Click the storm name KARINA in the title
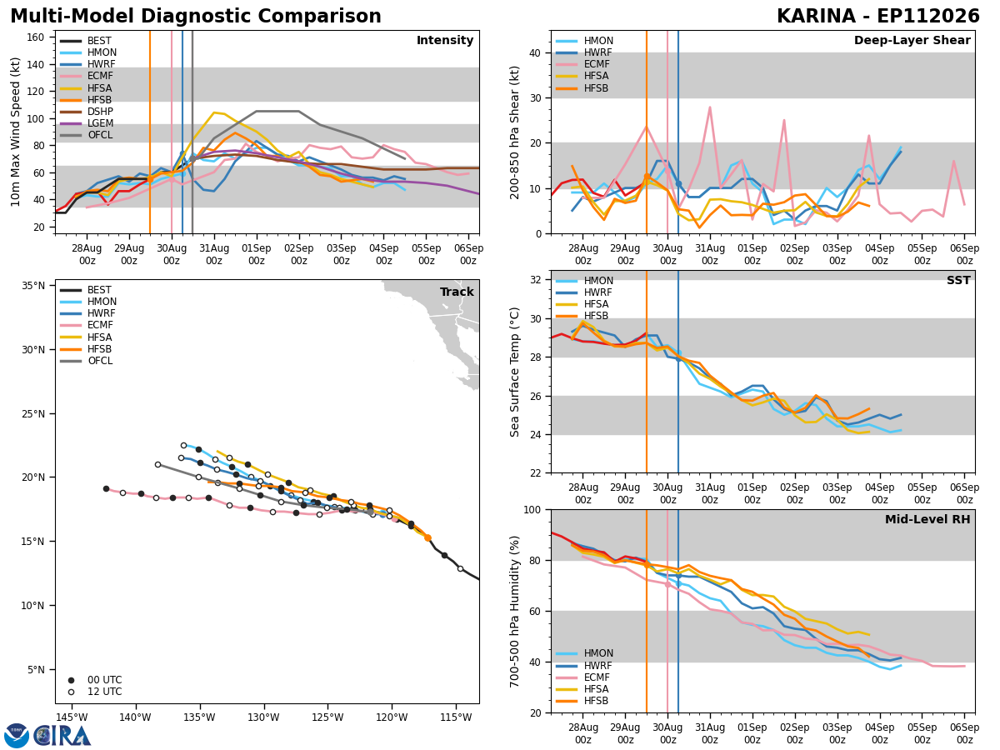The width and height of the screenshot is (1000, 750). (816, 16)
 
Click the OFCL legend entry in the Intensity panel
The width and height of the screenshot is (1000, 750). (86, 135)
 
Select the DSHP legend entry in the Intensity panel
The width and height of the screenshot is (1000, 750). (87, 112)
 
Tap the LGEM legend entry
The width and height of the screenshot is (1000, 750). (87, 123)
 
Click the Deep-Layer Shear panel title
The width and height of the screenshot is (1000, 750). (912, 40)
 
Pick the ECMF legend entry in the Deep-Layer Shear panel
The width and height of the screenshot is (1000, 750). (582, 64)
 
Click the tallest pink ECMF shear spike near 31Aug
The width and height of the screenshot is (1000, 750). (710, 107)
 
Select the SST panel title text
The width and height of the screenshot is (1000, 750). (958, 280)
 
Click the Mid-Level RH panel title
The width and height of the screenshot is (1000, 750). (927, 519)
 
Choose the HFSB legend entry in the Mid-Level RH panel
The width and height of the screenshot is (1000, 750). (582, 701)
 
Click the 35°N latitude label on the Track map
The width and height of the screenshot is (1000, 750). (33, 286)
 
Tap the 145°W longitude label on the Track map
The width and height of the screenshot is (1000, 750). (72, 717)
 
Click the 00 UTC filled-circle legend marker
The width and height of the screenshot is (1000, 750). (71, 680)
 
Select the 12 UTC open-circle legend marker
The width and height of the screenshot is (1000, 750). (71, 692)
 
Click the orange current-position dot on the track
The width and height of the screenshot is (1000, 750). (427, 537)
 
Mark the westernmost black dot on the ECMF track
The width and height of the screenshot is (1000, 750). (106, 488)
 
